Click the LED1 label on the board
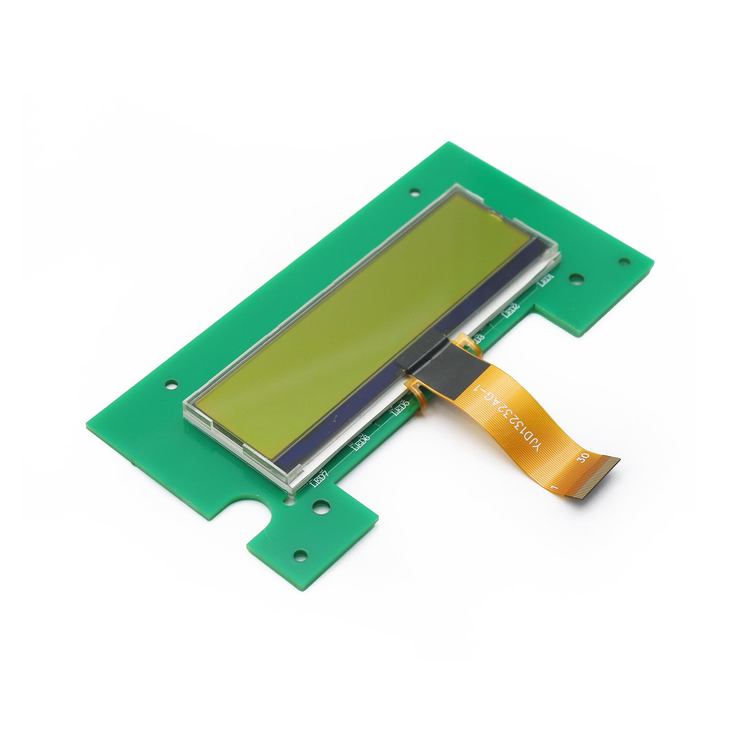pos(546,280)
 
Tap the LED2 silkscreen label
pos(512,311)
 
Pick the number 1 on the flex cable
pos(554,488)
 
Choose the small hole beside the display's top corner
pos(415,189)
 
